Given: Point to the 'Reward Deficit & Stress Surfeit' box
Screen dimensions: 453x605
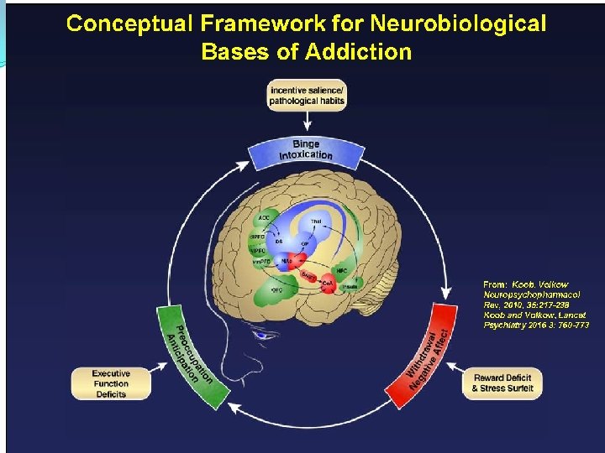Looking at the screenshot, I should (x=502, y=383).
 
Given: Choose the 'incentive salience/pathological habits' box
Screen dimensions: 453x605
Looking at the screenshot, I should (x=307, y=95).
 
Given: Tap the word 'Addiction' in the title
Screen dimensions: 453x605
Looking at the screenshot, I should (x=359, y=52).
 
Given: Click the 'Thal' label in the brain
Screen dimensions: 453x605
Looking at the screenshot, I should (x=316, y=221).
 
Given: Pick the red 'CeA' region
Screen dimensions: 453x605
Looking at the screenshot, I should (x=327, y=284).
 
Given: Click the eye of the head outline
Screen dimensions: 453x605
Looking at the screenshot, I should (x=266, y=335).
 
